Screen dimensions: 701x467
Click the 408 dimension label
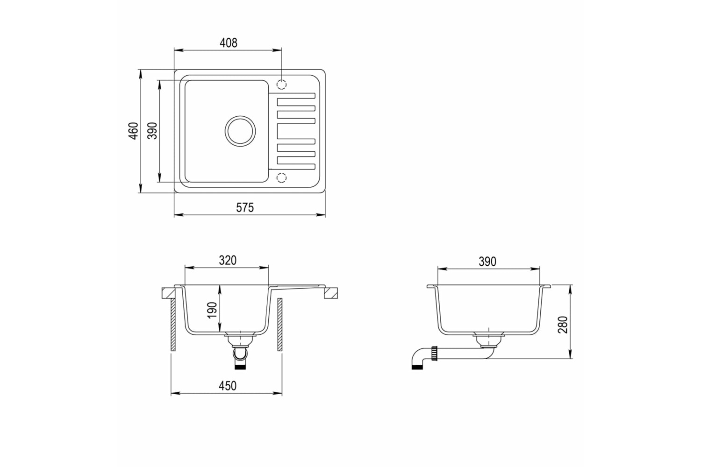coord(229,43)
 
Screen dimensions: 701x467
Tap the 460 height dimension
coord(133,131)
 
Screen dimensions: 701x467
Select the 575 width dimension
coord(245,207)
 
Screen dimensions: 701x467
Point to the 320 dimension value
coord(228,260)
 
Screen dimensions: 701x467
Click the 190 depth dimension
coord(213,310)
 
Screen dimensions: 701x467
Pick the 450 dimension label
coord(228,386)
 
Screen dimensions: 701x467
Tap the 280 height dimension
coord(563,325)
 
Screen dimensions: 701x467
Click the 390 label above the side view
coord(487,262)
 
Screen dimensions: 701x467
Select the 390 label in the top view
coord(152,131)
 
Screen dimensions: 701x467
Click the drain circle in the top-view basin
coord(240,116)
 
